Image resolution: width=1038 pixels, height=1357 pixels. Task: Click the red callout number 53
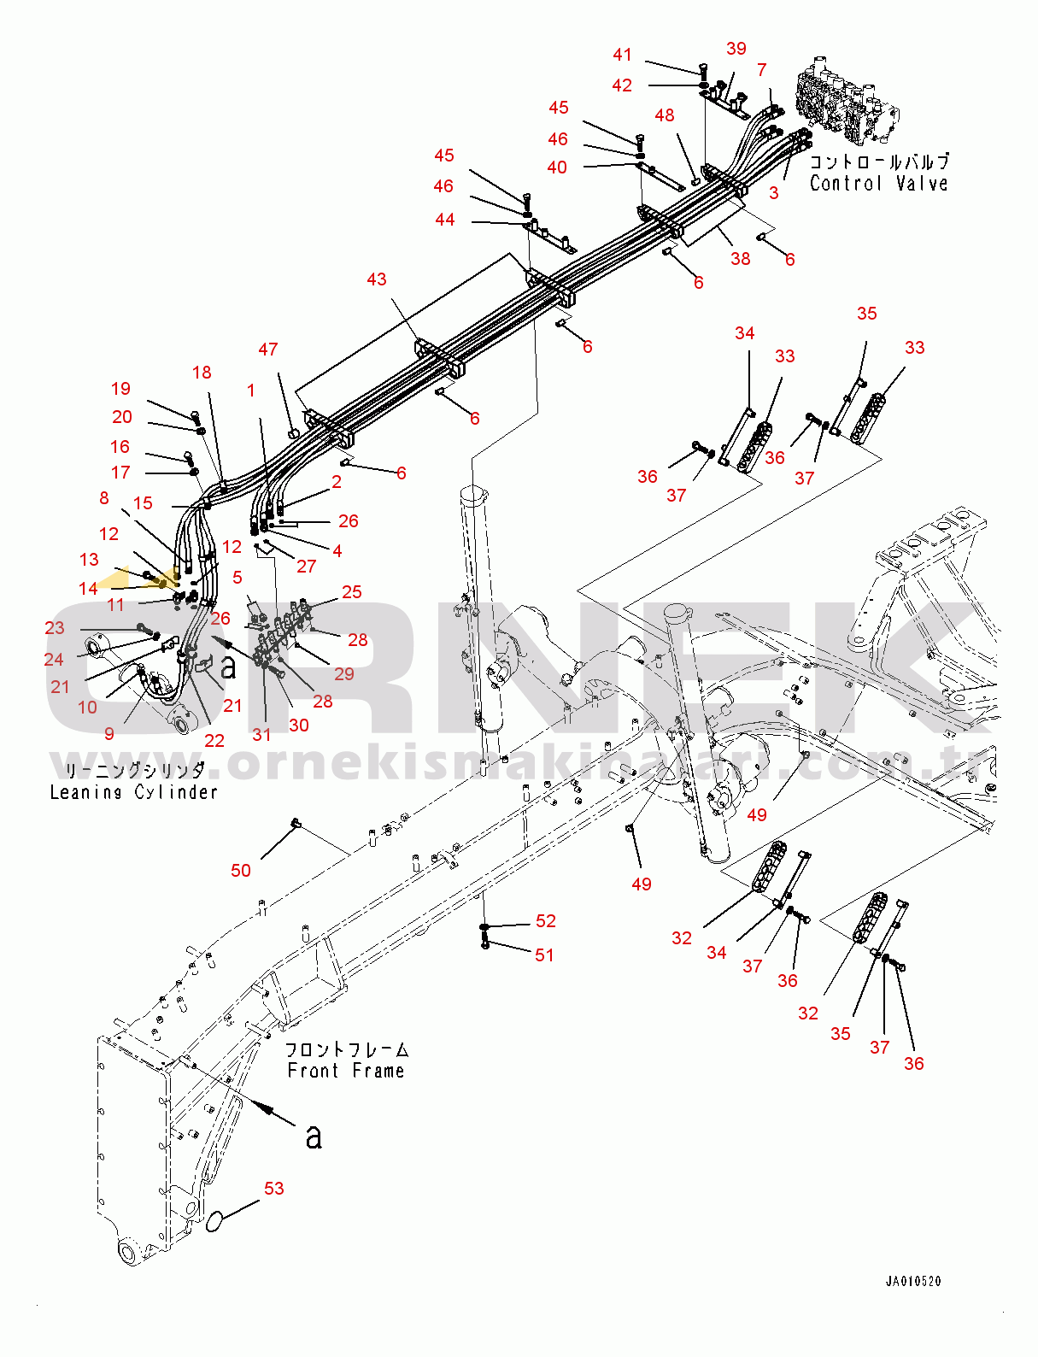[273, 1189]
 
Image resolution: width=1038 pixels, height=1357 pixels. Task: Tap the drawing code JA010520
[913, 1281]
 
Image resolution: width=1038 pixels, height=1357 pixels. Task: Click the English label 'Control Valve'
[878, 184]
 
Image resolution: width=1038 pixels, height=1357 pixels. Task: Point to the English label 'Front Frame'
[345, 1071]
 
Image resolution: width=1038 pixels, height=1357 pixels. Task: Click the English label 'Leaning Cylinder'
[133, 792]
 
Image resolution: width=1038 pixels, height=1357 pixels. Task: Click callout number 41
[622, 55]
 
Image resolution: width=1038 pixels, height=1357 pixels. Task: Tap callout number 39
[736, 49]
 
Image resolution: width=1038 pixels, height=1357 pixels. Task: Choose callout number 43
[377, 279]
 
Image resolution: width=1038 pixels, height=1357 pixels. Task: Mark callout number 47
[268, 350]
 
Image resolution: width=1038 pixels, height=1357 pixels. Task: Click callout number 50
[241, 870]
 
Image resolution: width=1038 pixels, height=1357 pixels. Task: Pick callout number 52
[546, 920]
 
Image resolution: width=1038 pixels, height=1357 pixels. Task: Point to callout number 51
[544, 955]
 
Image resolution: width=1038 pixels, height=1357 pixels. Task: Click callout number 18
[202, 373]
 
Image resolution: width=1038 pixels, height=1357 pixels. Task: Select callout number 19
[121, 389]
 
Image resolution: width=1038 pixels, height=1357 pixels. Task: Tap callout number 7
[762, 70]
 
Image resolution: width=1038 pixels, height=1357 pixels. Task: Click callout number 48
[665, 115]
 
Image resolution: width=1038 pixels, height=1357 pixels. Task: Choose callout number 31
[261, 734]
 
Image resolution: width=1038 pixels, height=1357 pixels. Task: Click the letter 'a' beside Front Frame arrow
[314, 1137]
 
